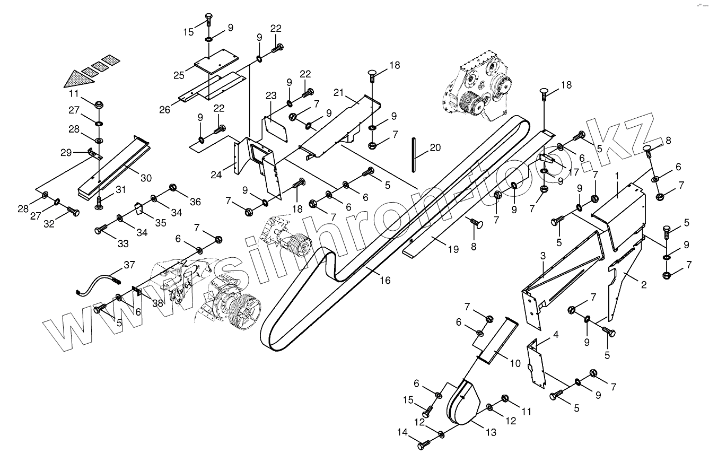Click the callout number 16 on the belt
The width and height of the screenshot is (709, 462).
(x=385, y=280)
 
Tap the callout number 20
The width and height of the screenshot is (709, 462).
(x=435, y=148)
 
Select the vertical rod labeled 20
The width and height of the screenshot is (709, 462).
(x=413, y=153)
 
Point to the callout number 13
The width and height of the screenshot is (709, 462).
(x=491, y=432)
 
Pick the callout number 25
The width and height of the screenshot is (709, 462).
(x=179, y=75)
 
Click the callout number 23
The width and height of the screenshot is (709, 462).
(x=272, y=96)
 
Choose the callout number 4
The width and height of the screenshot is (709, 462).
(x=556, y=335)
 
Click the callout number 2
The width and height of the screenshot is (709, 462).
(x=644, y=285)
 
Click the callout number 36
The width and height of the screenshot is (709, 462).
(x=196, y=202)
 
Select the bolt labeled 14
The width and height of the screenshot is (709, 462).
(x=423, y=446)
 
